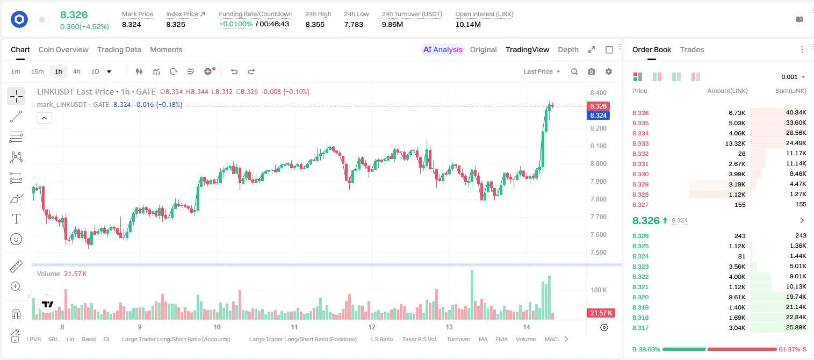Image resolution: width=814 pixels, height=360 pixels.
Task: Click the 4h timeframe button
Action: coord(76,71)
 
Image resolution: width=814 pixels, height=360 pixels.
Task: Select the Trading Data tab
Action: coord(119,49)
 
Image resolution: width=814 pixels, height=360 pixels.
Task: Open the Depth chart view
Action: coord(568,49)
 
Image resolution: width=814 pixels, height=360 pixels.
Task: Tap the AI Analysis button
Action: coord(443,49)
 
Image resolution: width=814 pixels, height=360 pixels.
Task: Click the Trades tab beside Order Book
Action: coord(692,49)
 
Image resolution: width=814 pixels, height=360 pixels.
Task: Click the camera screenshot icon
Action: coord(592,71)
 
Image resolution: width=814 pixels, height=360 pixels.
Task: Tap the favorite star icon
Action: coord(42,19)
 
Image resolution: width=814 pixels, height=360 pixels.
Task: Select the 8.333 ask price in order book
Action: coord(640,143)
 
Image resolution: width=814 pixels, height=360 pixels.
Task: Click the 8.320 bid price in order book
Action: coord(640,297)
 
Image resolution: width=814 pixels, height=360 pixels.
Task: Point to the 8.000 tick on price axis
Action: coord(599,164)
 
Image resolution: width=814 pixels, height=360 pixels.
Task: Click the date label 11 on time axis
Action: coord(294,327)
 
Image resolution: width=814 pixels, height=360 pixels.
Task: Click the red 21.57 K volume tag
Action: coord(601,313)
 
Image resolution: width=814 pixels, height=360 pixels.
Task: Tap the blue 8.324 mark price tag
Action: coord(598,116)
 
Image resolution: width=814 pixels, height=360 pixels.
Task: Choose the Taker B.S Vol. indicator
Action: coord(419,339)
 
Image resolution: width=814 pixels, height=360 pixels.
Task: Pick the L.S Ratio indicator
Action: coord(381,339)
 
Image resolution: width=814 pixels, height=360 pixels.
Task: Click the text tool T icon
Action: coord(16,219)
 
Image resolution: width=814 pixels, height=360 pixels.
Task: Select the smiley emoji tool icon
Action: coord(16,239)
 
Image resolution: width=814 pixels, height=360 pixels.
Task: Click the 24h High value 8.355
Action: coord(315,24)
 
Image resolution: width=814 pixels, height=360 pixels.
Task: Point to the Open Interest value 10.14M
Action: coord(468,24)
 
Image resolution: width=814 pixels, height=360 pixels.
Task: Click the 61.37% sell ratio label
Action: coord(792,349)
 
